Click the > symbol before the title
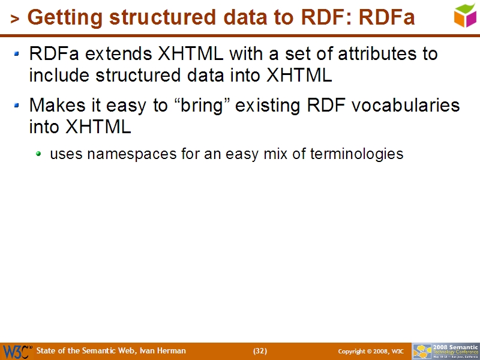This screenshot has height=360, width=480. (15, 20)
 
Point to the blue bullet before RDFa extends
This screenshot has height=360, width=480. (18, 54)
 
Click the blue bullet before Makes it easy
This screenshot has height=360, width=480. (18, 106)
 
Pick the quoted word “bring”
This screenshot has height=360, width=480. (201, 106)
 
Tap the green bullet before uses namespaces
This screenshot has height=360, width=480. (39, 154)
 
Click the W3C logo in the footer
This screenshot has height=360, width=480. (17, 351)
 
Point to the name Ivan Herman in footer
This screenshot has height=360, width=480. (162, 351)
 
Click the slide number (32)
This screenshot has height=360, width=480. (260, 351)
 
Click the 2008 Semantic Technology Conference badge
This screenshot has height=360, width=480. (445, 351)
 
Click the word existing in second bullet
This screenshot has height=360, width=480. (268, 106)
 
